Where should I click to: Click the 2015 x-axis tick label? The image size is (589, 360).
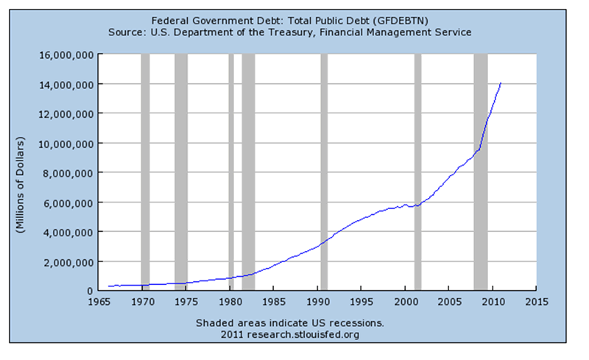coord(536,302)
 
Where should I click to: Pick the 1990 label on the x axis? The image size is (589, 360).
coord(317,302)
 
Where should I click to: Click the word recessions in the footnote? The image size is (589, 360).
coord(356,323)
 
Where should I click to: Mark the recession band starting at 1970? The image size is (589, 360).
coord(145,173)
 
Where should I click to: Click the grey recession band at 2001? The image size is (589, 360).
coord(417,173)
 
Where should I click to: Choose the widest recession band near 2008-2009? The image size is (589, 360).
coord(480,173)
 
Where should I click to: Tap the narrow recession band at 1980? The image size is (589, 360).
coord(231,173)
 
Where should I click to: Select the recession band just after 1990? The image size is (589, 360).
coord(324,173)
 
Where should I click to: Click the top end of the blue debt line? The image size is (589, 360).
coord(501,83)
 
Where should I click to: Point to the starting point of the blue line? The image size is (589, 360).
coord(108,286)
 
